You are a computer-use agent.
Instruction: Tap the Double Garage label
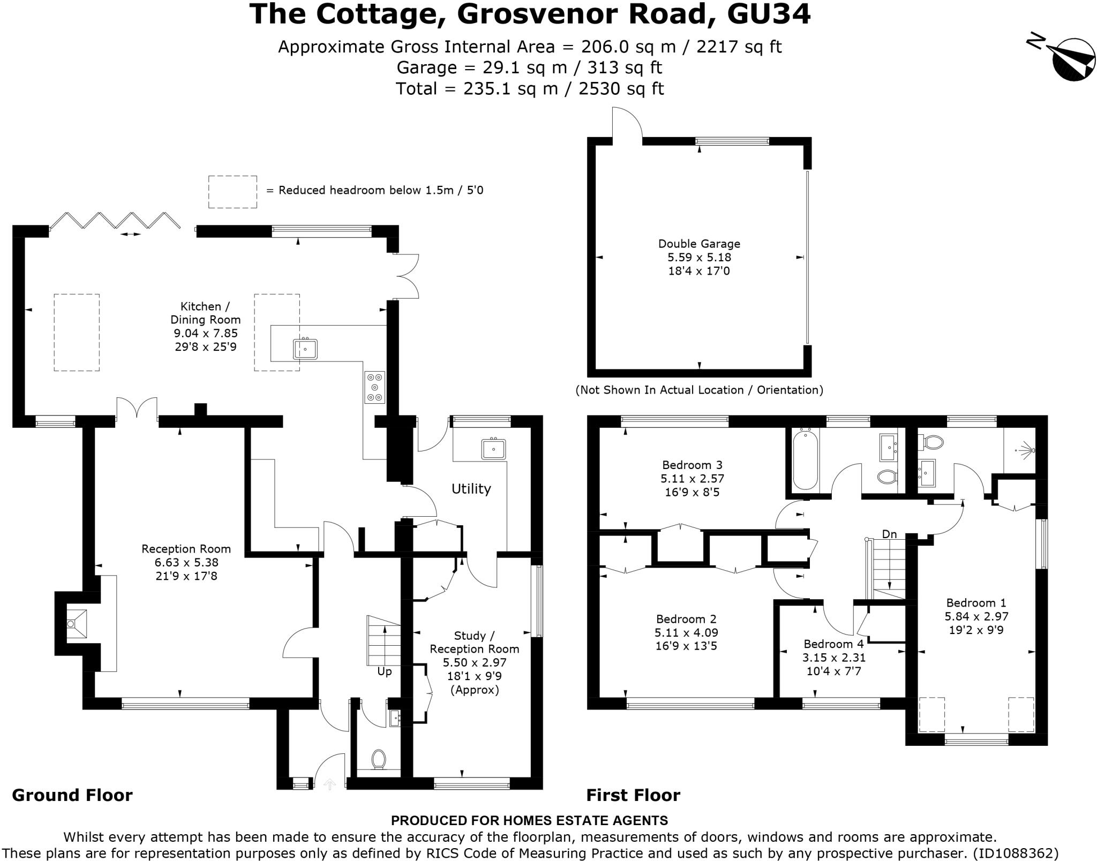[699, 244]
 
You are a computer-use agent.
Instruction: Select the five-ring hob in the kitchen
[374, 387]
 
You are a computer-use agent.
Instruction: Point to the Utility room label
[471, 488]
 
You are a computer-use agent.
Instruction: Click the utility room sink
[493, 448]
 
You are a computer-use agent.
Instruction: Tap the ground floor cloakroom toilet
[379, 759]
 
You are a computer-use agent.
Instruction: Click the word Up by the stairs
[385, 671]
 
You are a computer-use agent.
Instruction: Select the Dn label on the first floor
[889, 534]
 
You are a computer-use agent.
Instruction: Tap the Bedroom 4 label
[833, 644]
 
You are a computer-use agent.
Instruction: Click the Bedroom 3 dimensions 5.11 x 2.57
[692, 478]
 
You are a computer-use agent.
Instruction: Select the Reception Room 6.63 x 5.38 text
[186, 562]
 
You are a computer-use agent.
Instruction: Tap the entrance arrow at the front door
[330, 784]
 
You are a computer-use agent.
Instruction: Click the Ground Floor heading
[72, 795]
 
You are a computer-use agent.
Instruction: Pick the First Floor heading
[633, 795]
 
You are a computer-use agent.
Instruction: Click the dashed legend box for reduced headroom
[232, 192]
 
